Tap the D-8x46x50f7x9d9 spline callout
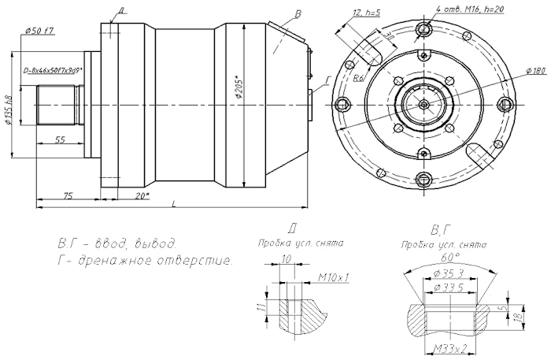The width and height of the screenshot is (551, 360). [54, 70]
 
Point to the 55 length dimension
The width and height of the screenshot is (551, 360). [60, 139]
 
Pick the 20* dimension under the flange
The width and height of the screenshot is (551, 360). [142, 195]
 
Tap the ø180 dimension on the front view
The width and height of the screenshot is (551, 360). [536, 72]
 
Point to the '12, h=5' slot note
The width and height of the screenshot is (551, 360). [368, 13]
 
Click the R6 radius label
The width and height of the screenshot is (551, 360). [358, 77]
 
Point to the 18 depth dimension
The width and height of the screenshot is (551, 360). [519, 316]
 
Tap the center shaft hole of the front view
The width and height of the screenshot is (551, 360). [423, 103]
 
